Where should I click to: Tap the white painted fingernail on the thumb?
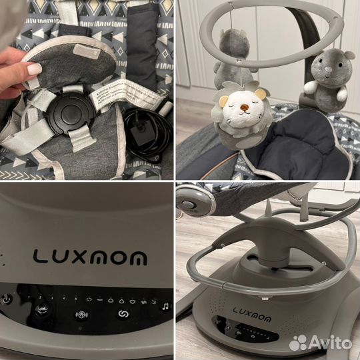coord(33,69)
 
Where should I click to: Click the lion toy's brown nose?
coord(235,104)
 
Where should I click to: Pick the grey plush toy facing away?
coord(233,48)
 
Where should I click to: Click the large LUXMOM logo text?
coord(89,256)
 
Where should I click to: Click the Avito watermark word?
coord(329,343)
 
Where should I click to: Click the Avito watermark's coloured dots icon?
coord(299,342)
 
